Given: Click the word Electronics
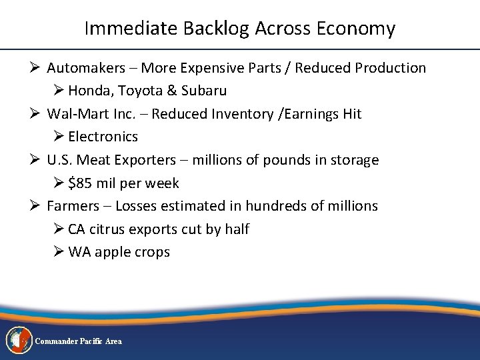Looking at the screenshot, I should (103, 137).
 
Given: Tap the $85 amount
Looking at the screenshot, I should (81, 183).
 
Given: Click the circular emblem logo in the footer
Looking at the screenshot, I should (19, 340).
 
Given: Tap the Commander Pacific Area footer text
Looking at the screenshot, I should (78, 341).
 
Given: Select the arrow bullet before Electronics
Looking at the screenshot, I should (58, 137).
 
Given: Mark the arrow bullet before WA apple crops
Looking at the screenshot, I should (58, 252).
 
